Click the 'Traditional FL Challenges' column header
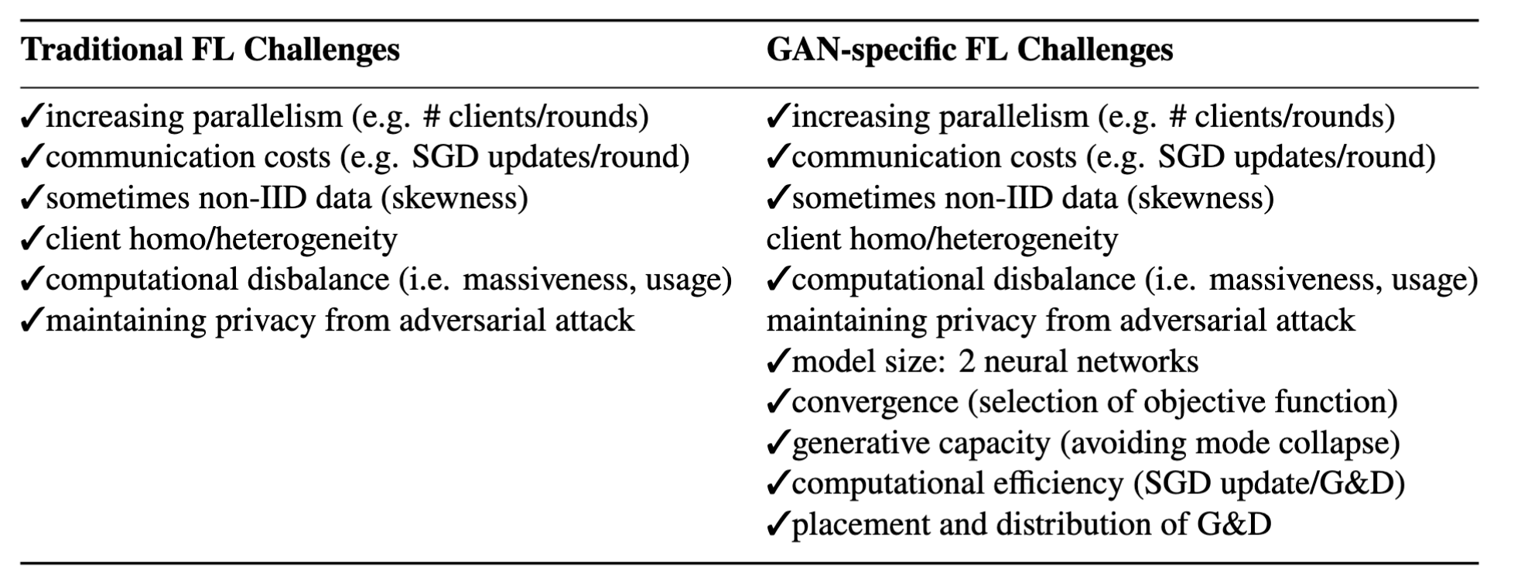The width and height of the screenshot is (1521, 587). point(210,50)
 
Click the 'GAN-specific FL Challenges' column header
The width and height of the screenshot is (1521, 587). point(969,50)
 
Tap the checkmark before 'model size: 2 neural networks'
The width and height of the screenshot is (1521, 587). point(777,362)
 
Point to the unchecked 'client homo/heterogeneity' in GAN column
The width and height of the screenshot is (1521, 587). point(942,239)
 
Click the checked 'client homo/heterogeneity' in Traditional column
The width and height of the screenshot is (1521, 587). point(221,239)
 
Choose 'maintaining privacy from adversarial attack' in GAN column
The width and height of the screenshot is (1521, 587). point(1060,321)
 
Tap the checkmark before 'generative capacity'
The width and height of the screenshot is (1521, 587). point(777,444)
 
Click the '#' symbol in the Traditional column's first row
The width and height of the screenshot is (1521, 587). point(431,117)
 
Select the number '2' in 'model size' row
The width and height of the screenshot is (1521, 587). point(966,362)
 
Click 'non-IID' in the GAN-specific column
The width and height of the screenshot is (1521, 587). point(1000,199)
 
